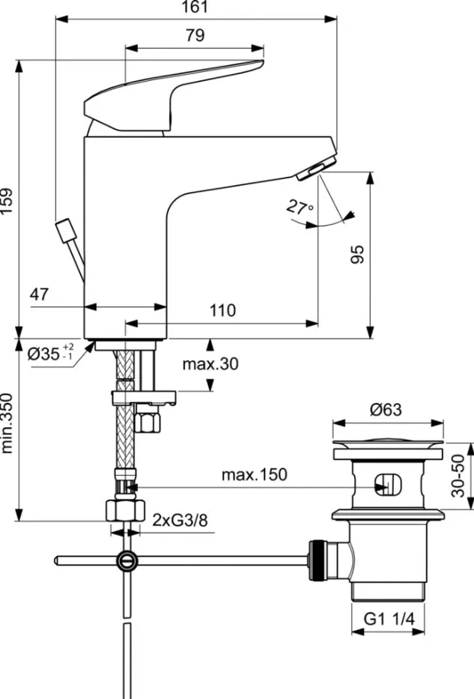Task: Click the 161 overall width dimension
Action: click(195, 7)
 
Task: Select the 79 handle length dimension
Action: click(195, 35)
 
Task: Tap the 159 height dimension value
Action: click(7, 201)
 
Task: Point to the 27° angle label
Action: click(300, 207)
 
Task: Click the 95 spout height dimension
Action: click(358, 254)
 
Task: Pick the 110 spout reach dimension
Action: click(222, 310)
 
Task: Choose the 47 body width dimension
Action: click(40, 294)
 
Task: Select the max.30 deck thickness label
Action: click(210, 364)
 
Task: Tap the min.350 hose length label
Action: click(7, 423)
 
